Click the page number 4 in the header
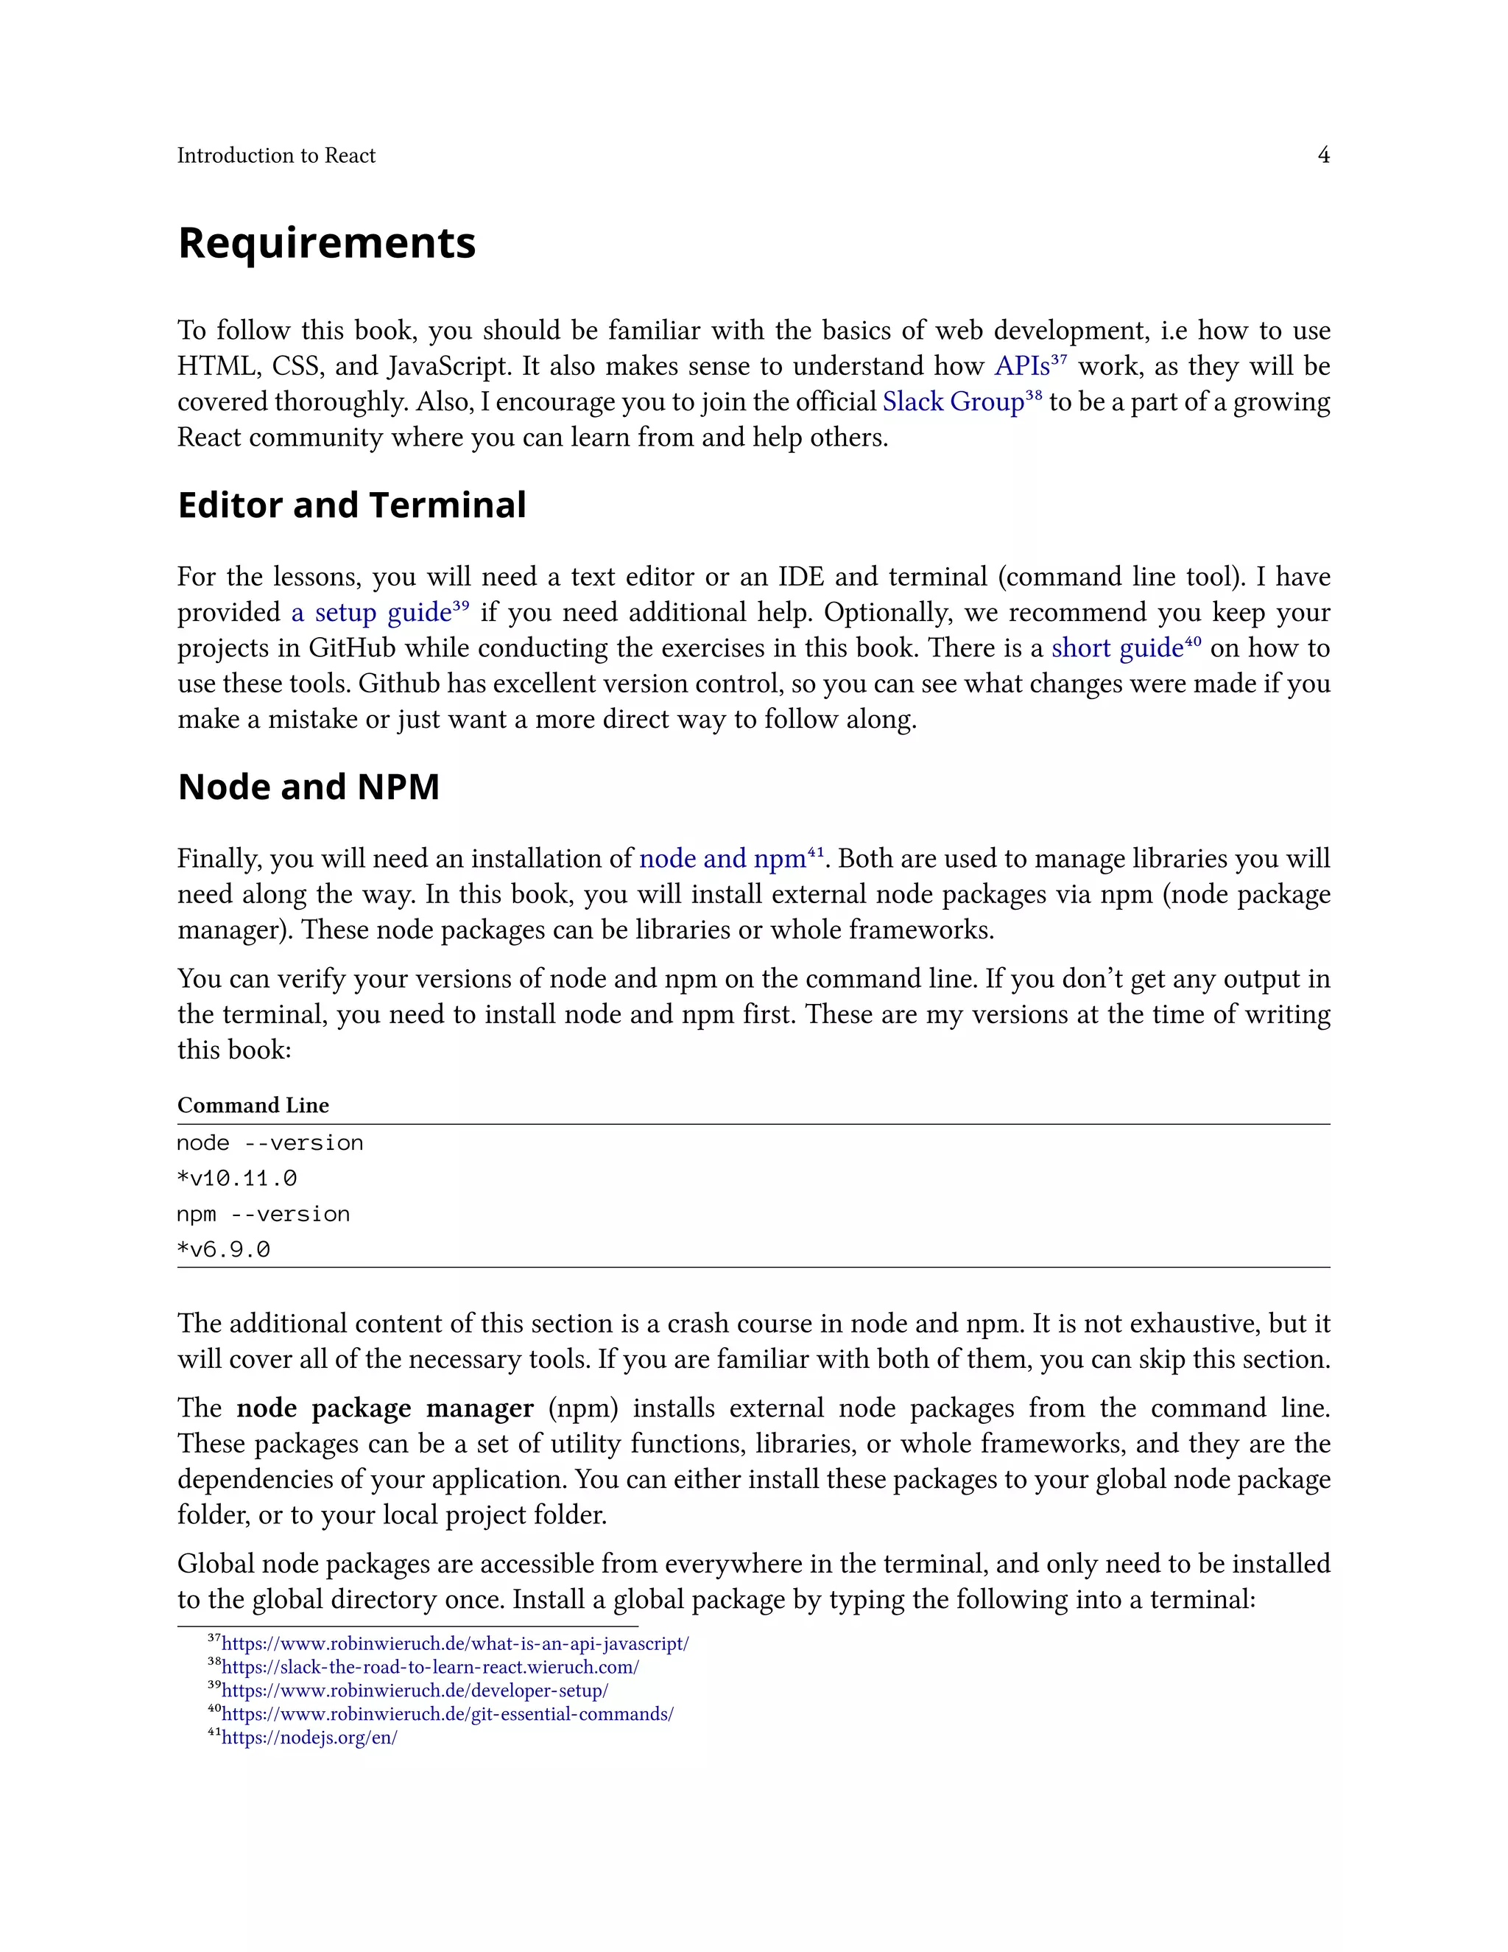pyautogui.click(x=1323, y=155)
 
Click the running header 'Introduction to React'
pyautogui.click(x=276, y=155)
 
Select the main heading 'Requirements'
pyautogui.click(x=327, y=243)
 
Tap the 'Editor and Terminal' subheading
pyautogui.click(x=352, y=505)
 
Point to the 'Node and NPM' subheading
pyautogui.click(x=309, y=787)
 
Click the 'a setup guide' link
pyautogui.click(x=372, y=613)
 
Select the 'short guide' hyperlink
pyautogui.click(x=1117, y=648)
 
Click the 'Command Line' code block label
pyautogui.click(x=253, y=1106)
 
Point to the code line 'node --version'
pyautogui.click(x=269, y=1143)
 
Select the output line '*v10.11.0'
pyautogui.click(x=237, y=1179)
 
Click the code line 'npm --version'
pyautogui.click(x=264, y=1215)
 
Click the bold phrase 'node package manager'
pyautogui.click(x=384, y=1408)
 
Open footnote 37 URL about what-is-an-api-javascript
pyautogui.click(x=455, y=1643)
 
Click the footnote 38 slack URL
pyautogui.click(x=430, y=1667)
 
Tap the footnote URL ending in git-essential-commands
pyautogui.click(x=447, y=1714)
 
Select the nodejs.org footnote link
pyautogui.click(x=309, y=1738)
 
